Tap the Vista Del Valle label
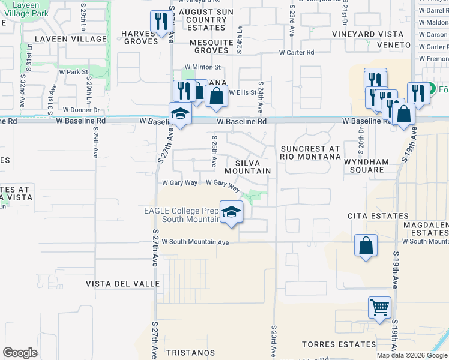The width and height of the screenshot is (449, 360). [122, 284]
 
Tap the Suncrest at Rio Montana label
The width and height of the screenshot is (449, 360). [310, 152]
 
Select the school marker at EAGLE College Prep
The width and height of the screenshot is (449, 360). [231, 212]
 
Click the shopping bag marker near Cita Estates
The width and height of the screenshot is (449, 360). [366, 245]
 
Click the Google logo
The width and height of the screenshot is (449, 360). [20, 353]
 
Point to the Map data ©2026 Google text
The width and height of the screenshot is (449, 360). [412, 355]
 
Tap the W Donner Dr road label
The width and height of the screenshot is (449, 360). [81, 110]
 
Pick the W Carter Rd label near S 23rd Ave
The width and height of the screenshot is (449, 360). [296, 53]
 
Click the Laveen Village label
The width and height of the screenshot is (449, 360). [53, 39]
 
